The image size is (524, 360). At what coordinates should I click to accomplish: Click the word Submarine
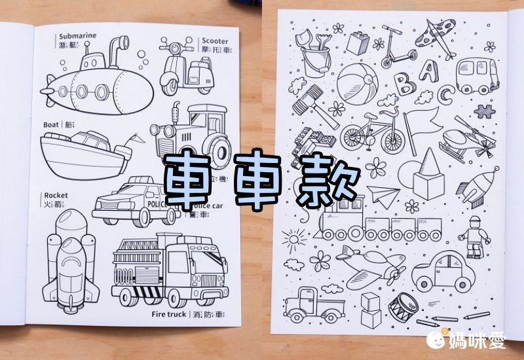78,37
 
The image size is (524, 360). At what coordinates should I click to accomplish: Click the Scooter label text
215,41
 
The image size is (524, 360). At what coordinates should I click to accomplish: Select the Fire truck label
169,314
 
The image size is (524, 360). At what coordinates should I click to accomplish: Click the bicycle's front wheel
393,139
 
